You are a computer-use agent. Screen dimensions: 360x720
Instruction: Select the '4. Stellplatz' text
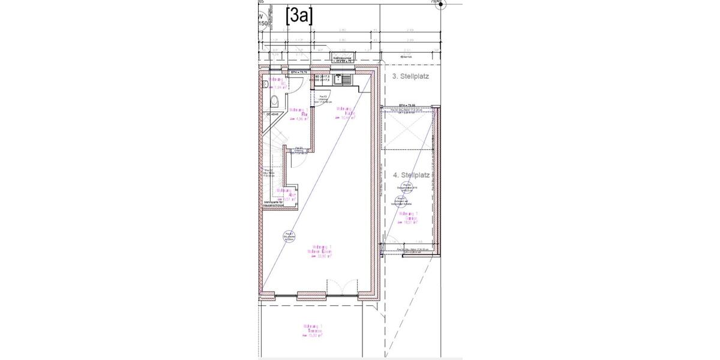[x=412, y=175]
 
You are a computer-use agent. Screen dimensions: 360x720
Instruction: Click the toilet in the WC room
[x=275, y=100]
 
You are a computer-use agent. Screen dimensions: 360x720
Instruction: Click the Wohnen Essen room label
[x=324, y=251]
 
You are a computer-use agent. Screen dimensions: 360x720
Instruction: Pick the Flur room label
[x=298, y=114]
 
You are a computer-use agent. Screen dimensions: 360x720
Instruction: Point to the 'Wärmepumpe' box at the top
[x=345, y=59]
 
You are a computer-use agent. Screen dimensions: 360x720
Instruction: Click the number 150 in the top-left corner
[x=263, y=23]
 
